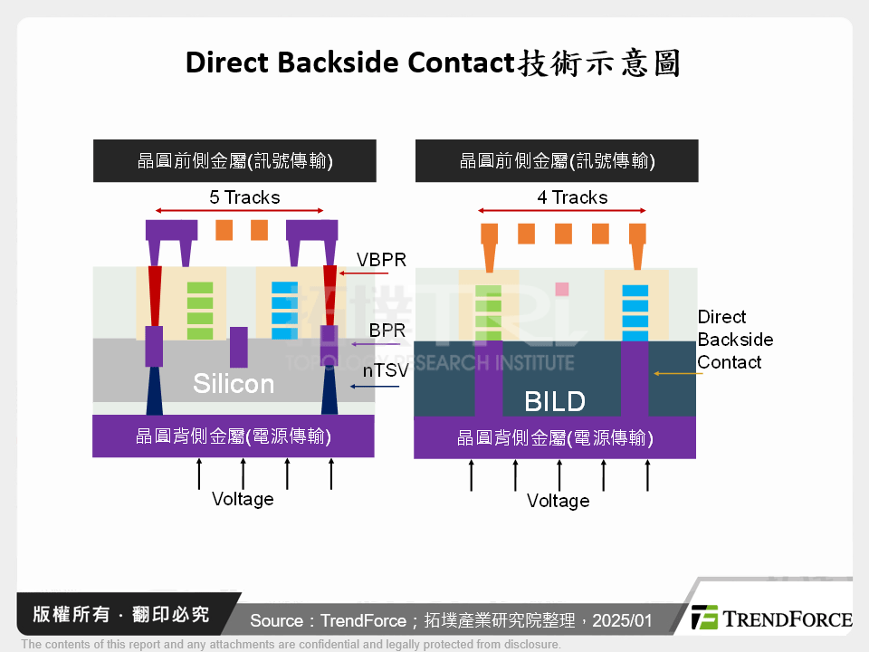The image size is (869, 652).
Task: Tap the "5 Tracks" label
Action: (244, 197)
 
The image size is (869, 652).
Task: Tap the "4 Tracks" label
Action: (572, 197)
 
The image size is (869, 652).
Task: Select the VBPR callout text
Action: (381, 260)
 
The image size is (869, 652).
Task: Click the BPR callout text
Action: (387, 331)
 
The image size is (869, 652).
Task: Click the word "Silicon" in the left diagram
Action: (234, 384)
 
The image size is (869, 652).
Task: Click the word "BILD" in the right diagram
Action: (555, 401)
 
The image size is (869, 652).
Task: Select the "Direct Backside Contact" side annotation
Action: (734, 340)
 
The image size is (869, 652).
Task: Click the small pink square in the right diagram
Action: (561, 289)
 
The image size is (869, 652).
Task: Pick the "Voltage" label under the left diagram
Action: (243, 499)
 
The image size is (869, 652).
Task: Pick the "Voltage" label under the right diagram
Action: (558, 501)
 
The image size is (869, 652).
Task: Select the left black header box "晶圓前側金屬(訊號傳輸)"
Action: (234, 161)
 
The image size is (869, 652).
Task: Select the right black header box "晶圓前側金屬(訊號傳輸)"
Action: (556, 161)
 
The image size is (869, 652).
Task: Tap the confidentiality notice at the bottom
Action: (291, 645)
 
